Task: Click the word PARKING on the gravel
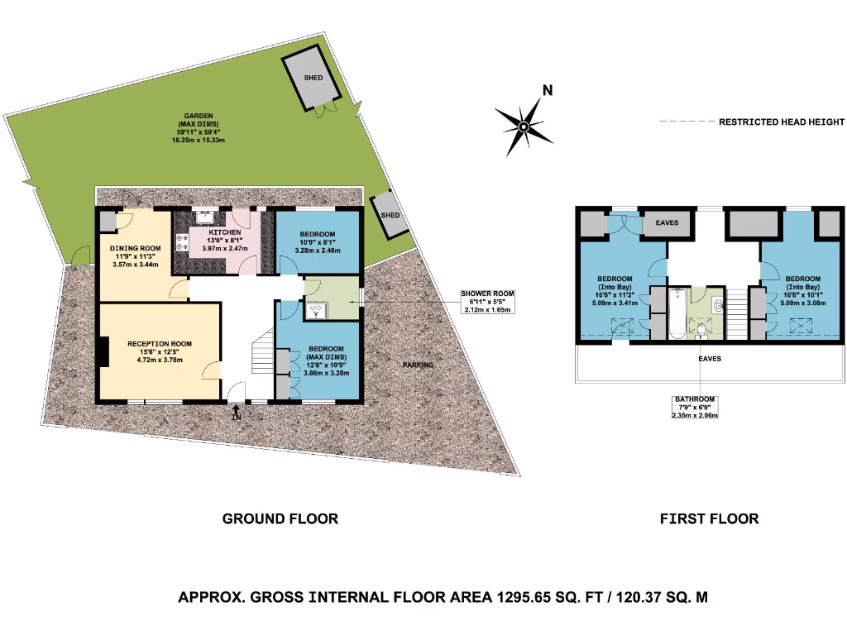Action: pos(419,365)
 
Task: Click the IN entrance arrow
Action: pos(237,413)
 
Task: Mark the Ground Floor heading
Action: pos(280,519)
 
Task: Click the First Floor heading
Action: pos(709,519)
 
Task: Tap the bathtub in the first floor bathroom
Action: pos(677,314)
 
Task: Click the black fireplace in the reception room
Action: pos(103,351)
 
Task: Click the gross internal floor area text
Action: pos(443,597)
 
